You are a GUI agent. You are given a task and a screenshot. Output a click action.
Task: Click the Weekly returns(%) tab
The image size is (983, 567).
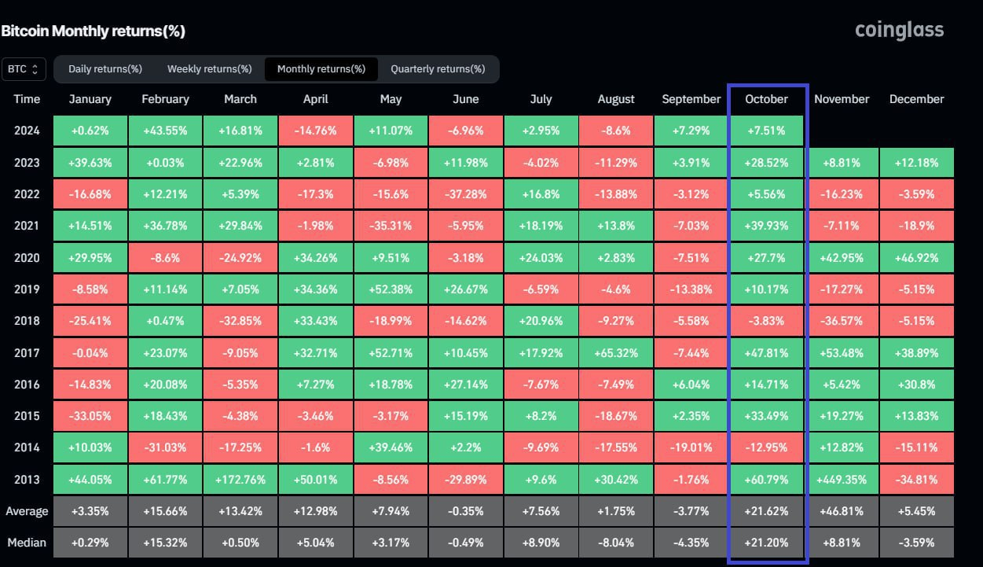tap(209, 69)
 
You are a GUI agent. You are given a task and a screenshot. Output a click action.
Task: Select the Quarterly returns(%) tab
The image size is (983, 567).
tap(438, 69)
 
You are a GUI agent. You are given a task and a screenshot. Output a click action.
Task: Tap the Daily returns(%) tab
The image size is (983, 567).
tap(105, 69)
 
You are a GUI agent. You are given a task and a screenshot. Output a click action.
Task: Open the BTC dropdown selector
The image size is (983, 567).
tap(24, 69)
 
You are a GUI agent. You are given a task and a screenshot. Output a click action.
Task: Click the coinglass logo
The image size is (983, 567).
tap(899, 31)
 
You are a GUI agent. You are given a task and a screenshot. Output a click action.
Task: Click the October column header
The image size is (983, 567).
tap(766, 99)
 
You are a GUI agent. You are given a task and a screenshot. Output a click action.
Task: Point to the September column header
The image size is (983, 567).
tap(691, 99)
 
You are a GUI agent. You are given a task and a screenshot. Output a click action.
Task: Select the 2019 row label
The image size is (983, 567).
tap(27, 289)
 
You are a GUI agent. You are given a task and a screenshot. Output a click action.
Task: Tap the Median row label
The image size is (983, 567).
tap(27, 543)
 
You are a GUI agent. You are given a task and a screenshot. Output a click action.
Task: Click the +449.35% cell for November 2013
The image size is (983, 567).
tap(842, 480)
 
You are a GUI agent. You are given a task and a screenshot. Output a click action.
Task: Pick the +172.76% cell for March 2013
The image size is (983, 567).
tap(240, 480)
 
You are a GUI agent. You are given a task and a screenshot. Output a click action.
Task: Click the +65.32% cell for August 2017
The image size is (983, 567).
tap(616, 353)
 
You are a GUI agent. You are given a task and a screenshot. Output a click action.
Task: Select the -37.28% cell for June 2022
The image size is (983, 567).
tap(466, 194)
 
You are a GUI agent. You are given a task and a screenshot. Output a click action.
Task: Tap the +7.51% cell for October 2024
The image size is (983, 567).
tap(766, 131)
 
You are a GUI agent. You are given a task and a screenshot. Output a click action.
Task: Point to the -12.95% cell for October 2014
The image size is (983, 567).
tap(766, 447)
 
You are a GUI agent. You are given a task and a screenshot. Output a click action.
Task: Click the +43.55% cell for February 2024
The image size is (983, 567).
tap(165, 131)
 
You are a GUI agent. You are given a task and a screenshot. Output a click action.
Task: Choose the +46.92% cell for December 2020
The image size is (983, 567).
tap(917, 258)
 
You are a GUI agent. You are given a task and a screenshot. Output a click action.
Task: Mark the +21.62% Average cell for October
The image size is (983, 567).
tap(766, 511)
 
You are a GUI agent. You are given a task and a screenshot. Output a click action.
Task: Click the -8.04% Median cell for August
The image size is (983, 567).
tap(616, 543)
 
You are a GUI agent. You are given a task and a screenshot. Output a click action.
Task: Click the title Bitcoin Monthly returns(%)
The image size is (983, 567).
tap(93, 31)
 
